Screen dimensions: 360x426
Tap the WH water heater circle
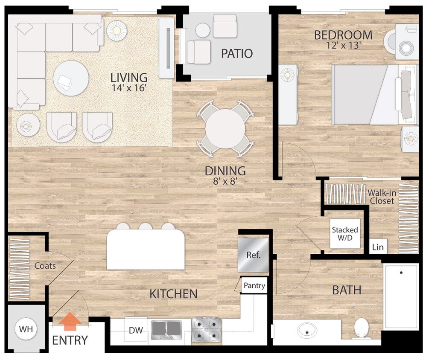click(x=26, y=329)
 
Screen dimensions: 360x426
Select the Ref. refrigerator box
click(x=253, y=255)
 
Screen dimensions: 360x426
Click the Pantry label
click(x=254, y=286)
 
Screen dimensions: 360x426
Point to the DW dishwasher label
click(x=136, y=330)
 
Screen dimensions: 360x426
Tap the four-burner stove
click(x=207, y=331)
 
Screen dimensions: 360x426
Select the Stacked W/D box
click(x=345, y=234)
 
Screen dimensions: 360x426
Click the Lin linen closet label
click(x=377, y=247)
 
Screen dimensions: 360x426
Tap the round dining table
click(x=225, y=129)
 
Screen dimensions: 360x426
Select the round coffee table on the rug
click(x=71, y=78)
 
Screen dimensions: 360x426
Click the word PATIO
click(x=237, y=54)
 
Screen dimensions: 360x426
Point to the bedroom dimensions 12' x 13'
click(x=343, y=46)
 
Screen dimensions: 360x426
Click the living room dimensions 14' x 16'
click(x=128, y=88)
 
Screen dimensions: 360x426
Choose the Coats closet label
click(x=45, y=266)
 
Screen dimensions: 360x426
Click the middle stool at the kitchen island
click(x=145, y=226)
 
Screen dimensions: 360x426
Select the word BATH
click(x=347, y=290)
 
